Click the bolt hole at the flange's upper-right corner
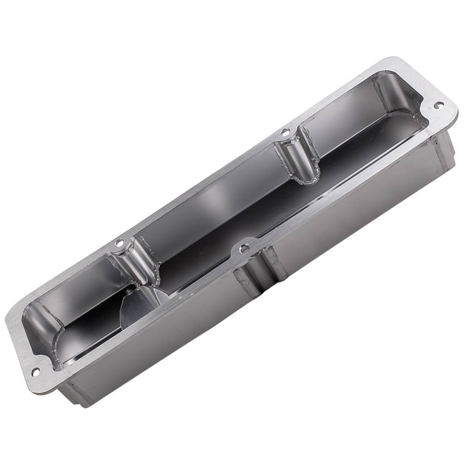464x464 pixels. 437,105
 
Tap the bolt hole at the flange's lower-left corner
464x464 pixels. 34,371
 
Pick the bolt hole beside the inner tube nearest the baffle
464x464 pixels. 120,242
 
